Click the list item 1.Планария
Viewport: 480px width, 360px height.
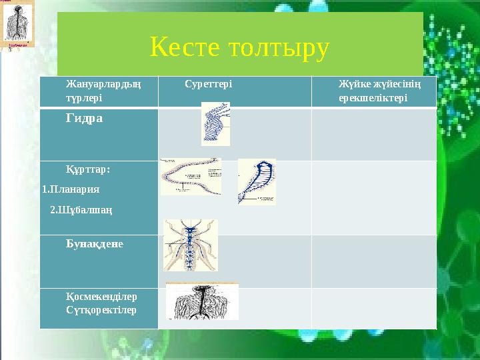pyautogui.click(x=71, y=189)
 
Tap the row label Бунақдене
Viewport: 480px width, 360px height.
pyautogui.click(x=94, y=244)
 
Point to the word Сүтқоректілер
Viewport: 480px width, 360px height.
pyautogui.click(x=101, y=310)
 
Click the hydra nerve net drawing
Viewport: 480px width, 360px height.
pyautogui.click(x=215, y=124)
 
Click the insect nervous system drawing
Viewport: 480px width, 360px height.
pyautogui.click(x=191, y=245)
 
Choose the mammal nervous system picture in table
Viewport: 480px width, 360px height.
pyautogui.click(x=201, y=301)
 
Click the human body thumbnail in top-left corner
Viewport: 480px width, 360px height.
pyautogui.click(x=17, y=25)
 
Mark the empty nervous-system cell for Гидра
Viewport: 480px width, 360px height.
pyautogui.click(x=373, y=134)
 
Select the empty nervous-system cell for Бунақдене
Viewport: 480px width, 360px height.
pyautogui.click(x=373, y=261)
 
